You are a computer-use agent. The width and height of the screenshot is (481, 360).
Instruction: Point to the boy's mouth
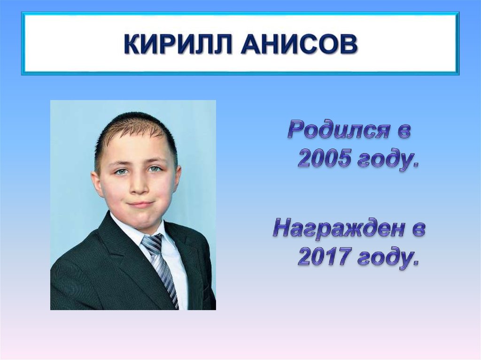pos(140,204)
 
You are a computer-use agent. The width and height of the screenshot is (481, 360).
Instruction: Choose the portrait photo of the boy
pos(133,205)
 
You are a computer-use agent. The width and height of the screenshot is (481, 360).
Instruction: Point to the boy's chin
pos(141,221)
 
